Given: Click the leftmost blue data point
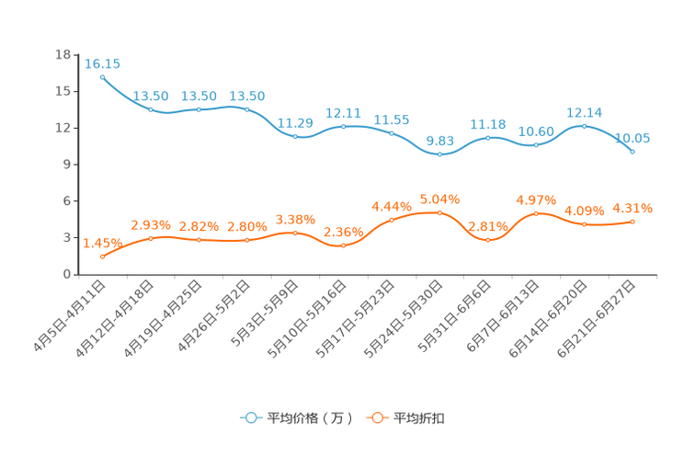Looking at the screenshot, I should tap(102, 77).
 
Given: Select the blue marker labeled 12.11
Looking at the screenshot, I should tap(344, 127).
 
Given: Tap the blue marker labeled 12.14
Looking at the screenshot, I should tap(584, 126).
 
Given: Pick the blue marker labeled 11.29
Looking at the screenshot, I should tap(295, 137).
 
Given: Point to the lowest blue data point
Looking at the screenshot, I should tap(439, 154).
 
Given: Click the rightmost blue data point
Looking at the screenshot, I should tap(633, 151).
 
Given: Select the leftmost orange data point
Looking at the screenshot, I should tap(102, 256).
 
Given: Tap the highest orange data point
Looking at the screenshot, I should tap(439, 211).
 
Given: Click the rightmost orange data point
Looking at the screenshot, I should tap(633, 221).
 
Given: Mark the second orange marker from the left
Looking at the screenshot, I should tap(151, 239).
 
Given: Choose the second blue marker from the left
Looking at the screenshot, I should tap(151, 109).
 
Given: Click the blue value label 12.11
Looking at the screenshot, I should tap(343, 112).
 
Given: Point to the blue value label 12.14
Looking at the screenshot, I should tap(584, 111).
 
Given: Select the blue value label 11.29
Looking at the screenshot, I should tap(295, 122).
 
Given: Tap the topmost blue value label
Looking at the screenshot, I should tap(102, 63).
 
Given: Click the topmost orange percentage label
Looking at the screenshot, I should tap(439, 198).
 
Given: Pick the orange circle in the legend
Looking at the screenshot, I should tap(376, 417).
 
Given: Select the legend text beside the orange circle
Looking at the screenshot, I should tap(419, 418).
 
